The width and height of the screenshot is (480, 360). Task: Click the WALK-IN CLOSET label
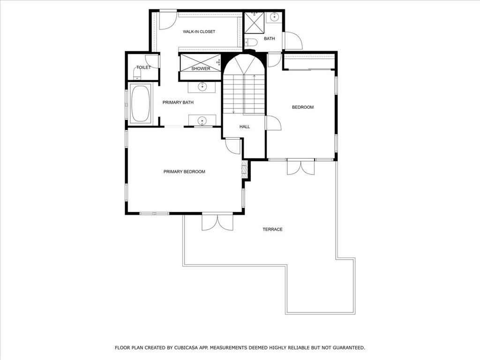199,31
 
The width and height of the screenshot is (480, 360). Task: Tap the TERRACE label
272,229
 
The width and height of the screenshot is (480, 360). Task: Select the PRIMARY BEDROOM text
184,172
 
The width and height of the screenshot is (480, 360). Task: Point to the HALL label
245,127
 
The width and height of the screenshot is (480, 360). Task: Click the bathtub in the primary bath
141,104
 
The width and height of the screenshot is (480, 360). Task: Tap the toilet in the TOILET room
137,74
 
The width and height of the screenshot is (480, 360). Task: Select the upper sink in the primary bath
202,87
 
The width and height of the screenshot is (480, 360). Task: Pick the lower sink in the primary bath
202,120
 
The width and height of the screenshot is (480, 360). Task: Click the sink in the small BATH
274,17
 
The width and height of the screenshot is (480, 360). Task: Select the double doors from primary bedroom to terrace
217,222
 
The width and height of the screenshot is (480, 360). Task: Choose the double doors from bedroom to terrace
300,167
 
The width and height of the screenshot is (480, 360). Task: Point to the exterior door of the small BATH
293,40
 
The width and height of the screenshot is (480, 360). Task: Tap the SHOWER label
201,68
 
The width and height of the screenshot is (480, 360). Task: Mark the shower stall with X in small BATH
254,23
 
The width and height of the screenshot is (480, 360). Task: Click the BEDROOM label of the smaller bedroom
303,107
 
